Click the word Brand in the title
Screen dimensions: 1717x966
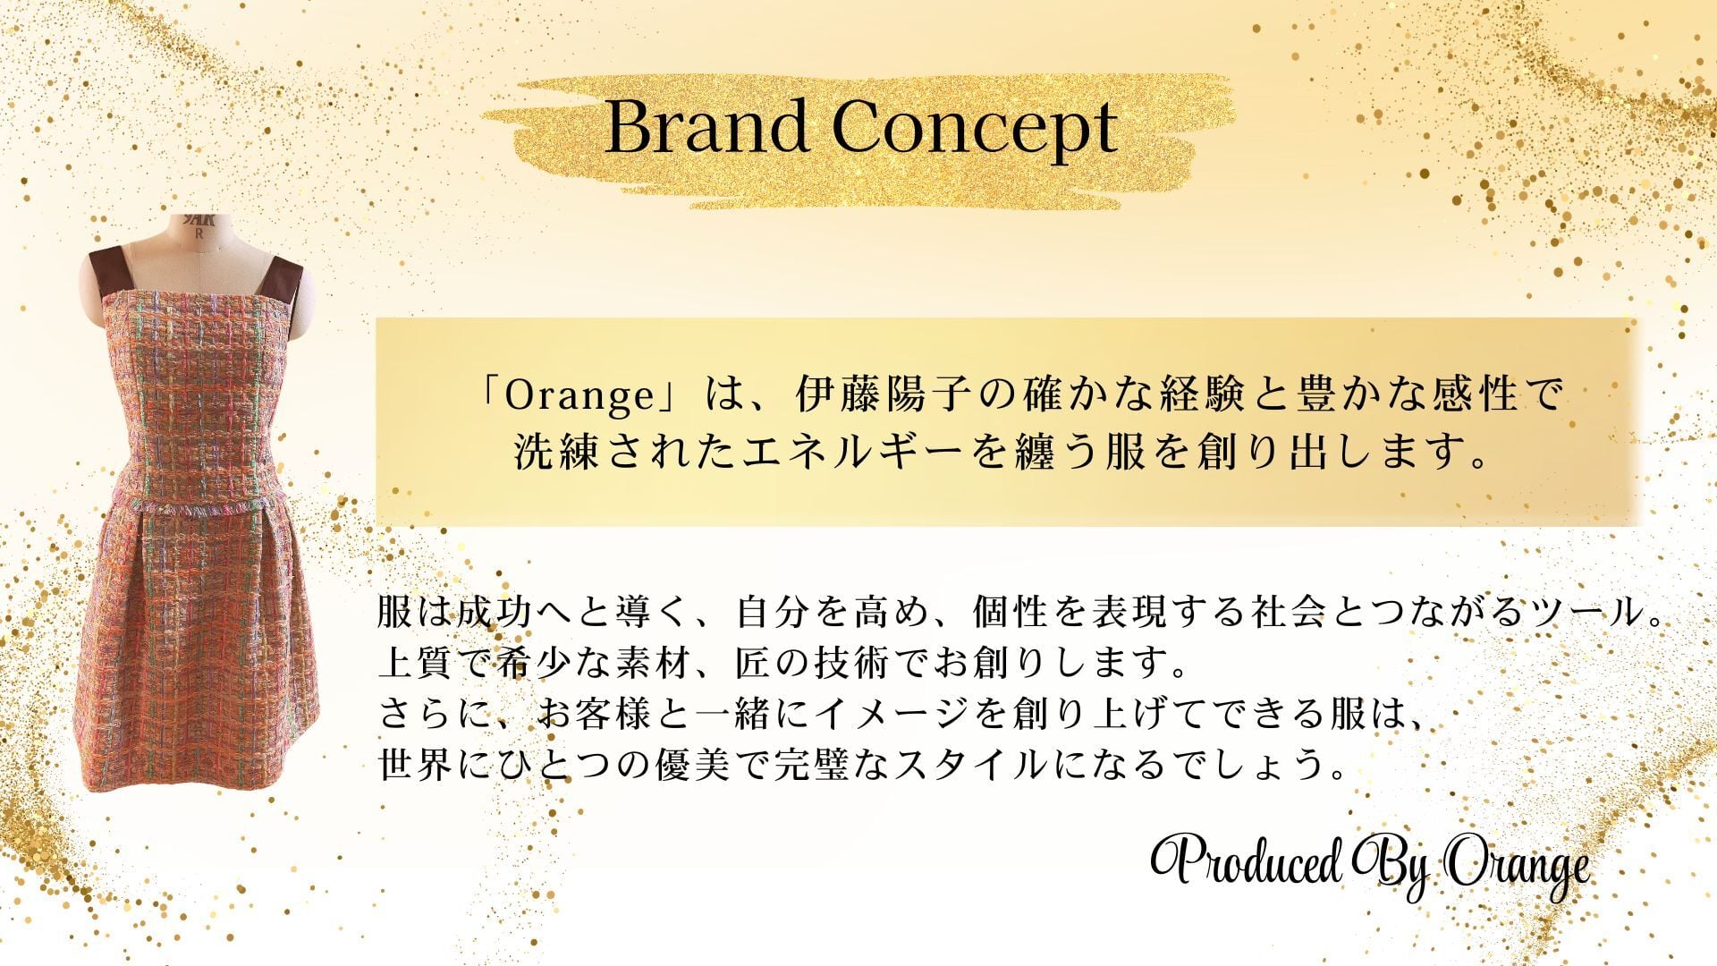tap(706, 128)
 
